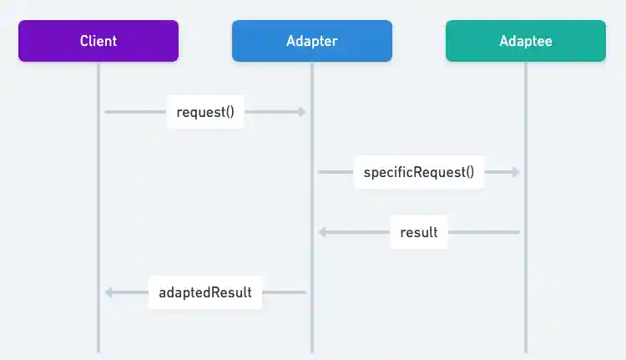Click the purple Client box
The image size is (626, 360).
(98, 41)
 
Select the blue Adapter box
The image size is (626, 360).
(312, 41)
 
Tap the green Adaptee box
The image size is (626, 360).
(526, 41)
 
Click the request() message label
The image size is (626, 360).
(205, 112)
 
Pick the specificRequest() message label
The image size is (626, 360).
(419, 172)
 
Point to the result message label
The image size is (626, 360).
(419, 232)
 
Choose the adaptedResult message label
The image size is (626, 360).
(205, 292)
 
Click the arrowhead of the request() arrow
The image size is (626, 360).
(303, 112)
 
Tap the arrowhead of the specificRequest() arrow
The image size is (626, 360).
(516, 172)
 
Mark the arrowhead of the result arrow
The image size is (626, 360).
(322, 232)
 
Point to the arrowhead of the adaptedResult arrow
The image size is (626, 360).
(109, 292)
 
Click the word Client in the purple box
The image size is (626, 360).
(98, 41)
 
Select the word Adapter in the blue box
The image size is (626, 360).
(312, 41)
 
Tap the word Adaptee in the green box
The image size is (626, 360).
(526, 41)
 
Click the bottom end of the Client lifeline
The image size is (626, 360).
(98, 349)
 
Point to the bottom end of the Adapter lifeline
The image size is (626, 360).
(312, 349)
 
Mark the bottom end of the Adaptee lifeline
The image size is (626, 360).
(526, 349)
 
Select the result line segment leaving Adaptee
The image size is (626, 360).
(484, 232)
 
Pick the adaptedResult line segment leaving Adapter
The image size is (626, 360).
(285, 292)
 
